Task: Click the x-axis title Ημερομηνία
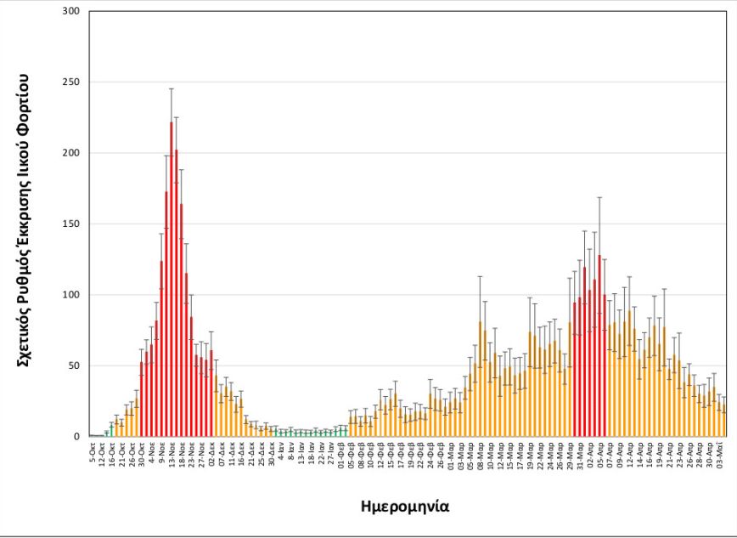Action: coord(405,507)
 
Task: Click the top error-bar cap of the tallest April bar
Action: coord(599,197)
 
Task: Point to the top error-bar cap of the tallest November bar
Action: coord(171,88)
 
